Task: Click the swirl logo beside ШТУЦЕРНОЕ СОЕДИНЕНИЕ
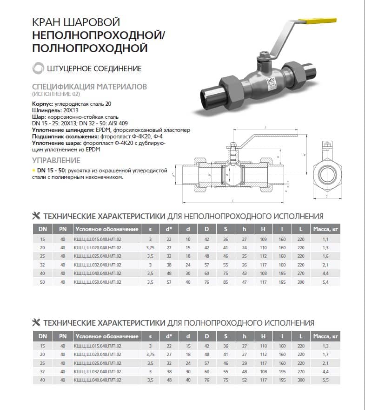tap(38, 68)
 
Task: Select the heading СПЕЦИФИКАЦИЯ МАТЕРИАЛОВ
tap(89, 87)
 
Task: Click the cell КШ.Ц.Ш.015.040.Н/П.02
tap(100, 239)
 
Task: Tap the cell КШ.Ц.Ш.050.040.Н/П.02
tap(100, 282)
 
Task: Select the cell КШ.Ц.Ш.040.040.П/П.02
tap(100, 380)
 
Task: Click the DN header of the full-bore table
tap(42, 336)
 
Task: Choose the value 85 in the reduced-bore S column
tap(226, 282)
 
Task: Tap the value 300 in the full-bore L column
tap(301, 380)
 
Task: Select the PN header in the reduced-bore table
tap(62, 229)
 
